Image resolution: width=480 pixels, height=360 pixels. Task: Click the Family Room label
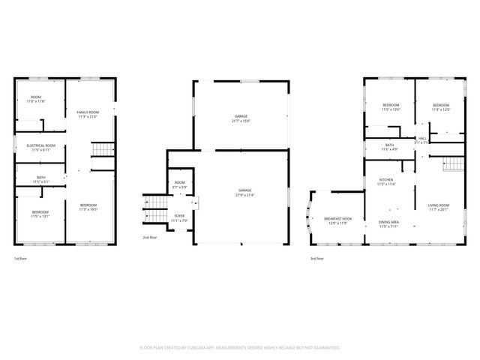[x=88, y=114]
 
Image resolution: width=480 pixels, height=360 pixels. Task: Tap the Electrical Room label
[x=40, y=147]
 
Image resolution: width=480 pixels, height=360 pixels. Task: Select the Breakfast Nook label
[x=334, y=220]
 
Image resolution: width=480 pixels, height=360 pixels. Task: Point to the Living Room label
[x=439, y=207]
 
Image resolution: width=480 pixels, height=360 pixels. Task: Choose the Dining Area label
[x=388, y=224]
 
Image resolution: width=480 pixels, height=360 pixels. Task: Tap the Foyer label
[x=179, y=217]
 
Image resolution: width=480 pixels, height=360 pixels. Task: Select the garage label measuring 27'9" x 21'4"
[x=241, y=193]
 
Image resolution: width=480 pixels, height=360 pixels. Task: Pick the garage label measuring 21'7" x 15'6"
[x=241, y=118]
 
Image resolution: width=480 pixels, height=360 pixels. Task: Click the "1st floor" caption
[x=21, y=259]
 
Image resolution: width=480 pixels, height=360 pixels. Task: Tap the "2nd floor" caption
[x=150, y=238]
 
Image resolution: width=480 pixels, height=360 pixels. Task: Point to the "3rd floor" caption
[x=317, y=259]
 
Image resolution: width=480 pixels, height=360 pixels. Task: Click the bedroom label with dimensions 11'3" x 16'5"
[x=88, y=207]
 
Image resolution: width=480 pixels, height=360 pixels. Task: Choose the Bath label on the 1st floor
[x=40, y=179]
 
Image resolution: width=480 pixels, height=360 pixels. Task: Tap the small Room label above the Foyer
[x=180, y=184]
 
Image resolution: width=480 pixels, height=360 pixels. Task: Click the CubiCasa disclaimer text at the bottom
[x=240, y=348]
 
